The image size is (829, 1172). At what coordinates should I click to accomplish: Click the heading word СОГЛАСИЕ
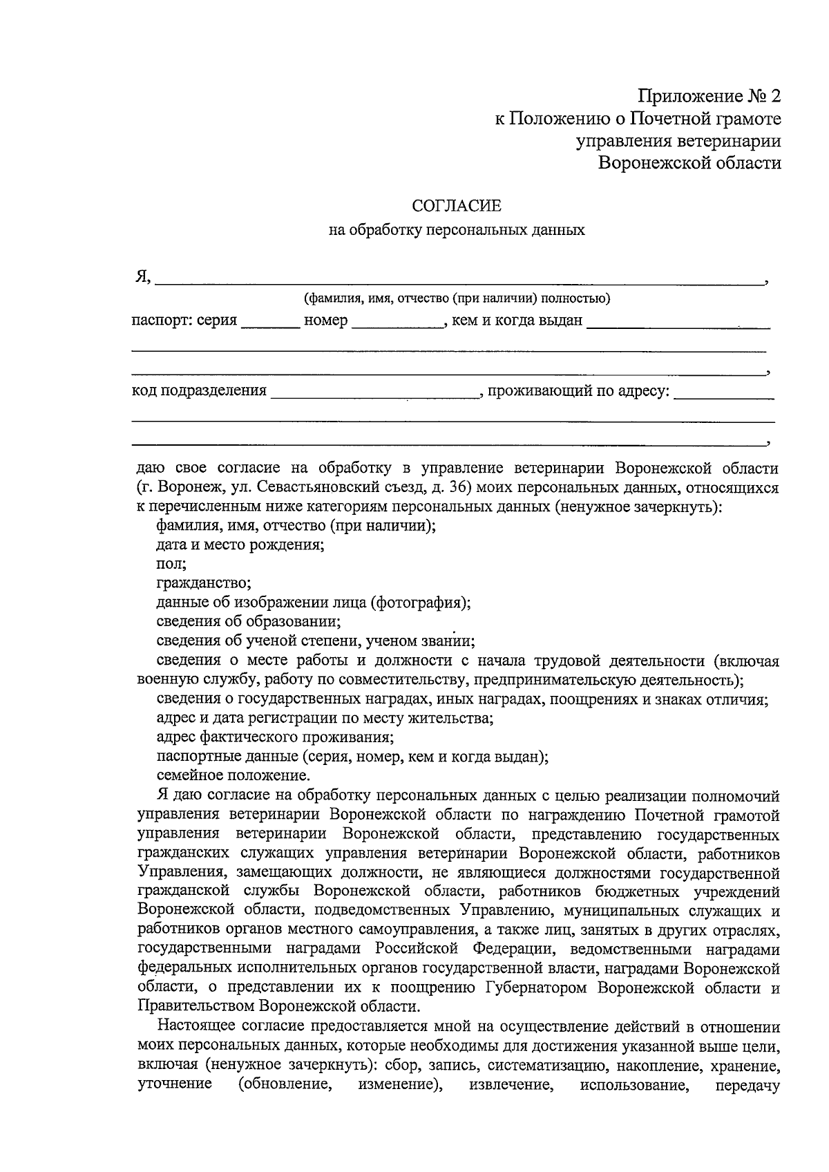[x=456, y=206]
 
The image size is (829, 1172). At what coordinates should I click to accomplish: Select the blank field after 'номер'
[x=397, y=323]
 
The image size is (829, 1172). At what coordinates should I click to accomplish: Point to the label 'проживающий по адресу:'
[x=579, y=391]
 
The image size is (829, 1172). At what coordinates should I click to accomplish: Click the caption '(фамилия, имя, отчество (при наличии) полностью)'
[x=457, y=299]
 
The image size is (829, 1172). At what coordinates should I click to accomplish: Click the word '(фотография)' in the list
[x=421, y=603]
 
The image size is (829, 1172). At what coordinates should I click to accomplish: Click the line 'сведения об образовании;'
[x=249, y=621]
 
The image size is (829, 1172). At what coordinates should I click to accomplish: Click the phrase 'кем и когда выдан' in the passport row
[x=517, y=321]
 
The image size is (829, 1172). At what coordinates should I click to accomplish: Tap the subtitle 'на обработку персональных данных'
[x=456, y=230]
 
